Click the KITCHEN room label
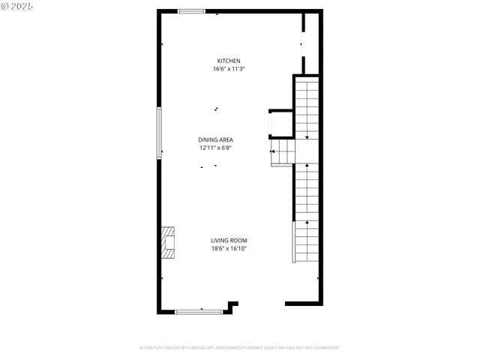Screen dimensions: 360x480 229,61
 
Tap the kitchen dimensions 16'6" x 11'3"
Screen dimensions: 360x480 229,69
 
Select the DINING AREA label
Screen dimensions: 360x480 215,139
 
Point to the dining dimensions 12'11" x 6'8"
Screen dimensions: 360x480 215,148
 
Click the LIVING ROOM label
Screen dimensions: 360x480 229,241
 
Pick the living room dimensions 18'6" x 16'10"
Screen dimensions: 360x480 229,248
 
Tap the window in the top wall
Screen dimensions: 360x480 191,11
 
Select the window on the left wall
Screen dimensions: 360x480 158,133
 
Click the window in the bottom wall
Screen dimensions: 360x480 199,310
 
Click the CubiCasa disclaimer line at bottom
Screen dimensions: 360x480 239,348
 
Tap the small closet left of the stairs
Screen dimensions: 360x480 280,123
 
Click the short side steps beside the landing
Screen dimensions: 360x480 282,154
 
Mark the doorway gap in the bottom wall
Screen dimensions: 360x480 261,304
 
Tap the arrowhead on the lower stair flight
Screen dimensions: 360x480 307,222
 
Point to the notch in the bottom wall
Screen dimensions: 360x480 232,306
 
